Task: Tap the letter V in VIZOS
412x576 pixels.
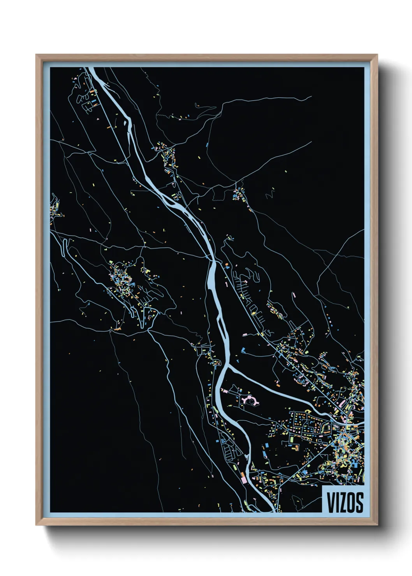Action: (x=330, y=502)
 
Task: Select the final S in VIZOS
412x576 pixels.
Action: (x=359, y=502)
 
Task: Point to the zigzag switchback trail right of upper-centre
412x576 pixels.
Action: (x=270, y=193)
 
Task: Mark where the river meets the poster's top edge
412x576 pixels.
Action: (x=90, y=68)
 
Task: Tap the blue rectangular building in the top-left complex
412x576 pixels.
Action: (x=94, y=102)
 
